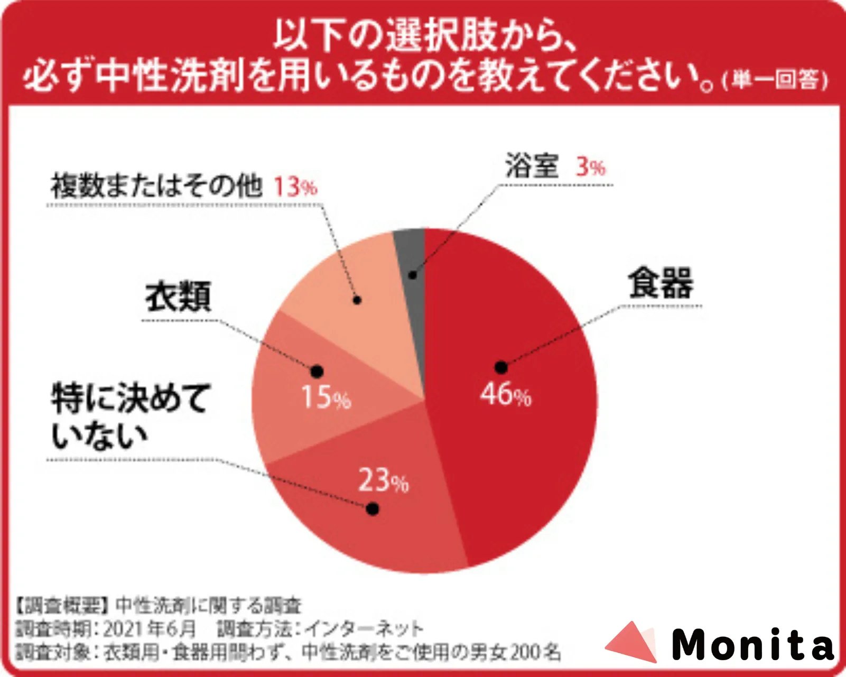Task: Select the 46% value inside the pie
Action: coord(505,395)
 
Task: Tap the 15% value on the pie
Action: coord(326,397)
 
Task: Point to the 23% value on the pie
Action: coord(383,480)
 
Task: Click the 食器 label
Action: coord(661,283)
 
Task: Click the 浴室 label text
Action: coord(532,166)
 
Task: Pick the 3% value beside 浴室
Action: coord(590,167)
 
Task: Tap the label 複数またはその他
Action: coord(156,186)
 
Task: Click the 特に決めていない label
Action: coord(129,416)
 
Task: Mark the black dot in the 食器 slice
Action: coord(501,367)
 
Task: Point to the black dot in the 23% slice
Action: coord(373,509)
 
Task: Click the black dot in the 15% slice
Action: coord(317,372)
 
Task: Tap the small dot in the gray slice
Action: coord(413,275)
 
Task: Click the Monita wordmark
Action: coord(752,645)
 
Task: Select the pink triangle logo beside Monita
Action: coord(631,642)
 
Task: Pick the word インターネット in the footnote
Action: coord(364,629)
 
